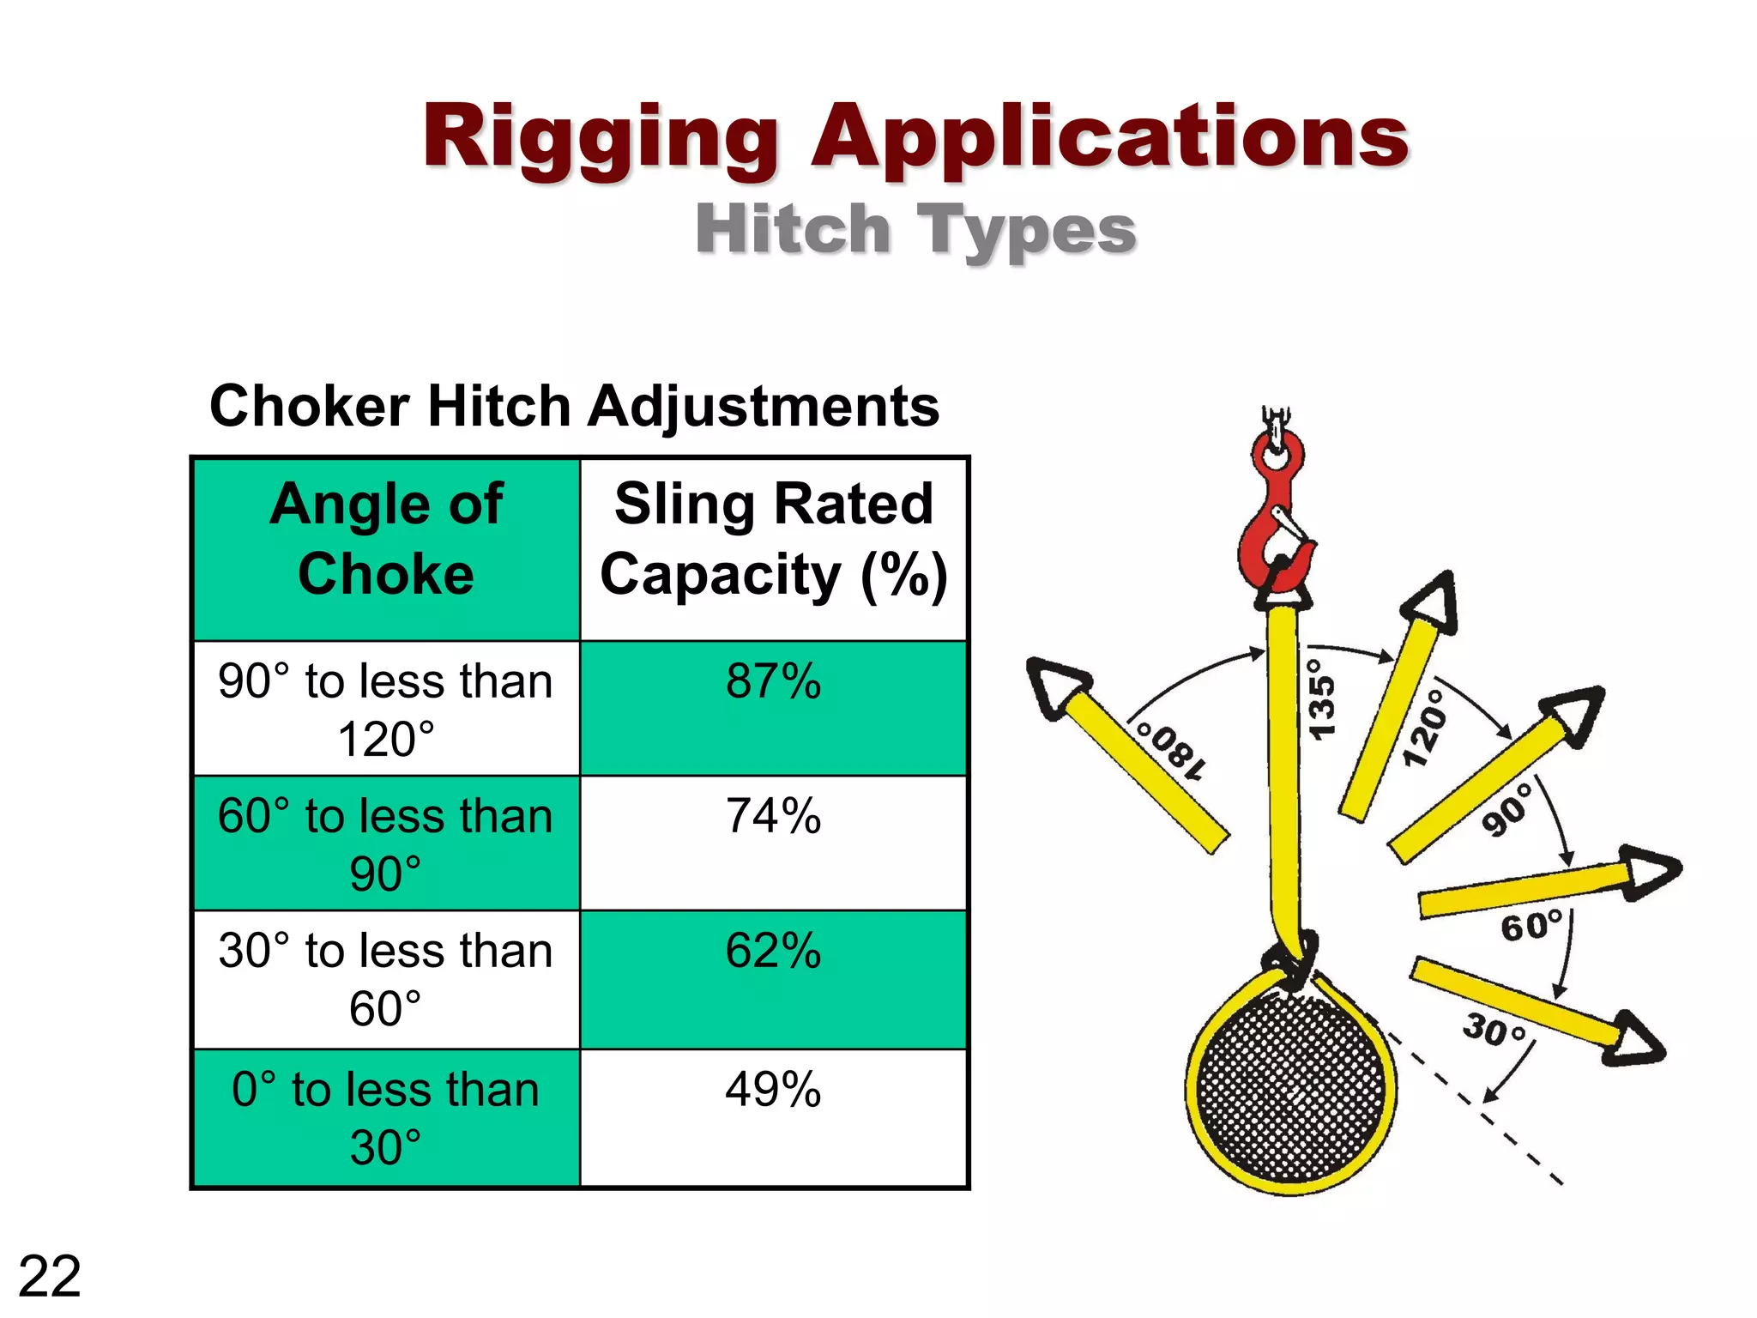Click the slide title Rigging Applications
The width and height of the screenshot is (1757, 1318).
tap(915, 137)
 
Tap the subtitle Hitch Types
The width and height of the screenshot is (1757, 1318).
tap(915, 230)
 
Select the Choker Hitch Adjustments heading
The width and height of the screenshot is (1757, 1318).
tap(574, 406)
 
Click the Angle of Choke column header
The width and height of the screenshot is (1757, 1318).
tap(386, 538)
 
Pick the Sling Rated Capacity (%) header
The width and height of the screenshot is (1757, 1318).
tap(774, 538)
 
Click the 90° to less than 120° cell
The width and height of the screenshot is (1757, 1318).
tap(386, 710)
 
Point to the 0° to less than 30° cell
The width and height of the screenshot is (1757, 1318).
tap(386, 1118)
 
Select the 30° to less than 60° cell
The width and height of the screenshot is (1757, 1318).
tap(386, 979)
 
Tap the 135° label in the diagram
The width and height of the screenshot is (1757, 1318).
tap(1321, 698)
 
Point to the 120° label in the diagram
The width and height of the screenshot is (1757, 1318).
tap(1424, 726)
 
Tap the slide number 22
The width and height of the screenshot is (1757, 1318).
tap(49, 1277)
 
